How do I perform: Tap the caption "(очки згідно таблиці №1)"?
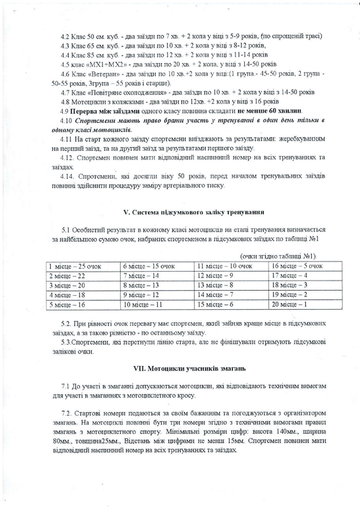click(281, 256)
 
